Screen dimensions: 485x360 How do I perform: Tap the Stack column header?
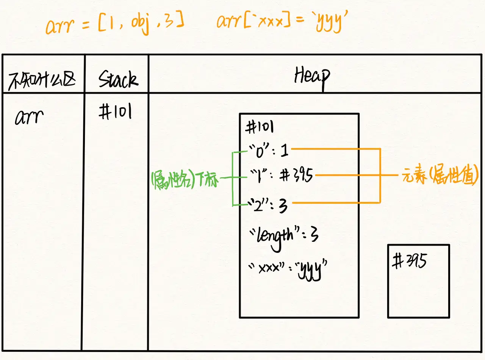point(118,79)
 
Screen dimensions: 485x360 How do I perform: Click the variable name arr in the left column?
point(29,117)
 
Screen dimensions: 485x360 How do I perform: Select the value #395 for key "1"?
point(297,175)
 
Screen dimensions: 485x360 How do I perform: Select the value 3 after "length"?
point(313,236)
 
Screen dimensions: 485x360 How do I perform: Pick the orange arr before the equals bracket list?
point(60,25)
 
